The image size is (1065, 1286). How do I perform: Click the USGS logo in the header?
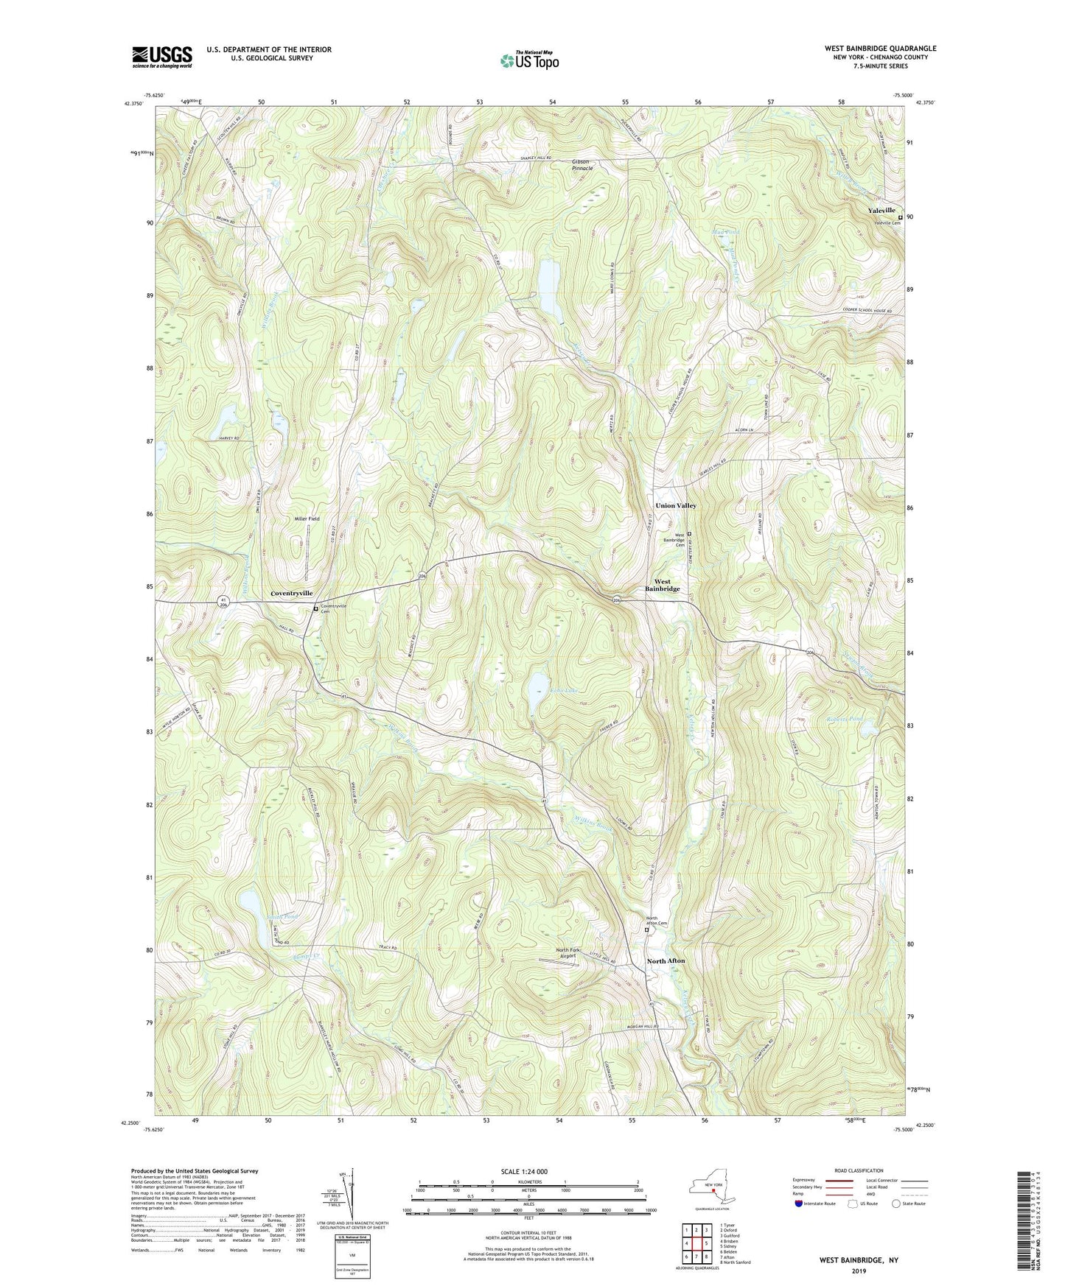point(162,56)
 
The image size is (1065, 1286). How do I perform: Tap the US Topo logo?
point(528,61)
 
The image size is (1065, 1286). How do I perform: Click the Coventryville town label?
point(292,593)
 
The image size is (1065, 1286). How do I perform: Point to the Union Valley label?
point(675,505)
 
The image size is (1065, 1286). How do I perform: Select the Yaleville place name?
point(881,211)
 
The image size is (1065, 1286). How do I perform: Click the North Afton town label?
point(666,961)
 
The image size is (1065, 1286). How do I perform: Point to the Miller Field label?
point(307,519)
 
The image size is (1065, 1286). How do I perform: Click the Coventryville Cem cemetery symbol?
point(315,609)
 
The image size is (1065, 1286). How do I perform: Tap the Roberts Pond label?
point(844,719)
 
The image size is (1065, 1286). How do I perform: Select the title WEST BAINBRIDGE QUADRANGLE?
point(880,49)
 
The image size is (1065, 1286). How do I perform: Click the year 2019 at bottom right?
point(858,1271)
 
